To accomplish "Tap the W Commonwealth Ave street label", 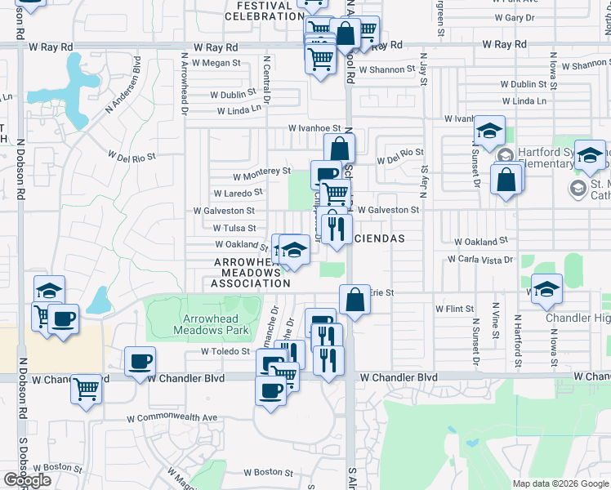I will (172, 417).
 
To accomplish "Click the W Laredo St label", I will (238, 193).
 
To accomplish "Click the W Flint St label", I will (455, 309).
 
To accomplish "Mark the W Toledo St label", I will (225, 351).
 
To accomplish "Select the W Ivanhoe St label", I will (314, 127).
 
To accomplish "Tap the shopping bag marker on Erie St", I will (355, 299).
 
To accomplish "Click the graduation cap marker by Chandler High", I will (547, 287).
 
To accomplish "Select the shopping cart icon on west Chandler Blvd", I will (86, 390).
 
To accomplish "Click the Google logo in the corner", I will (27, 480).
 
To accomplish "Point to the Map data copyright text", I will (560, 483).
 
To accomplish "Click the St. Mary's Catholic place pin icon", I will (577, 189).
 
